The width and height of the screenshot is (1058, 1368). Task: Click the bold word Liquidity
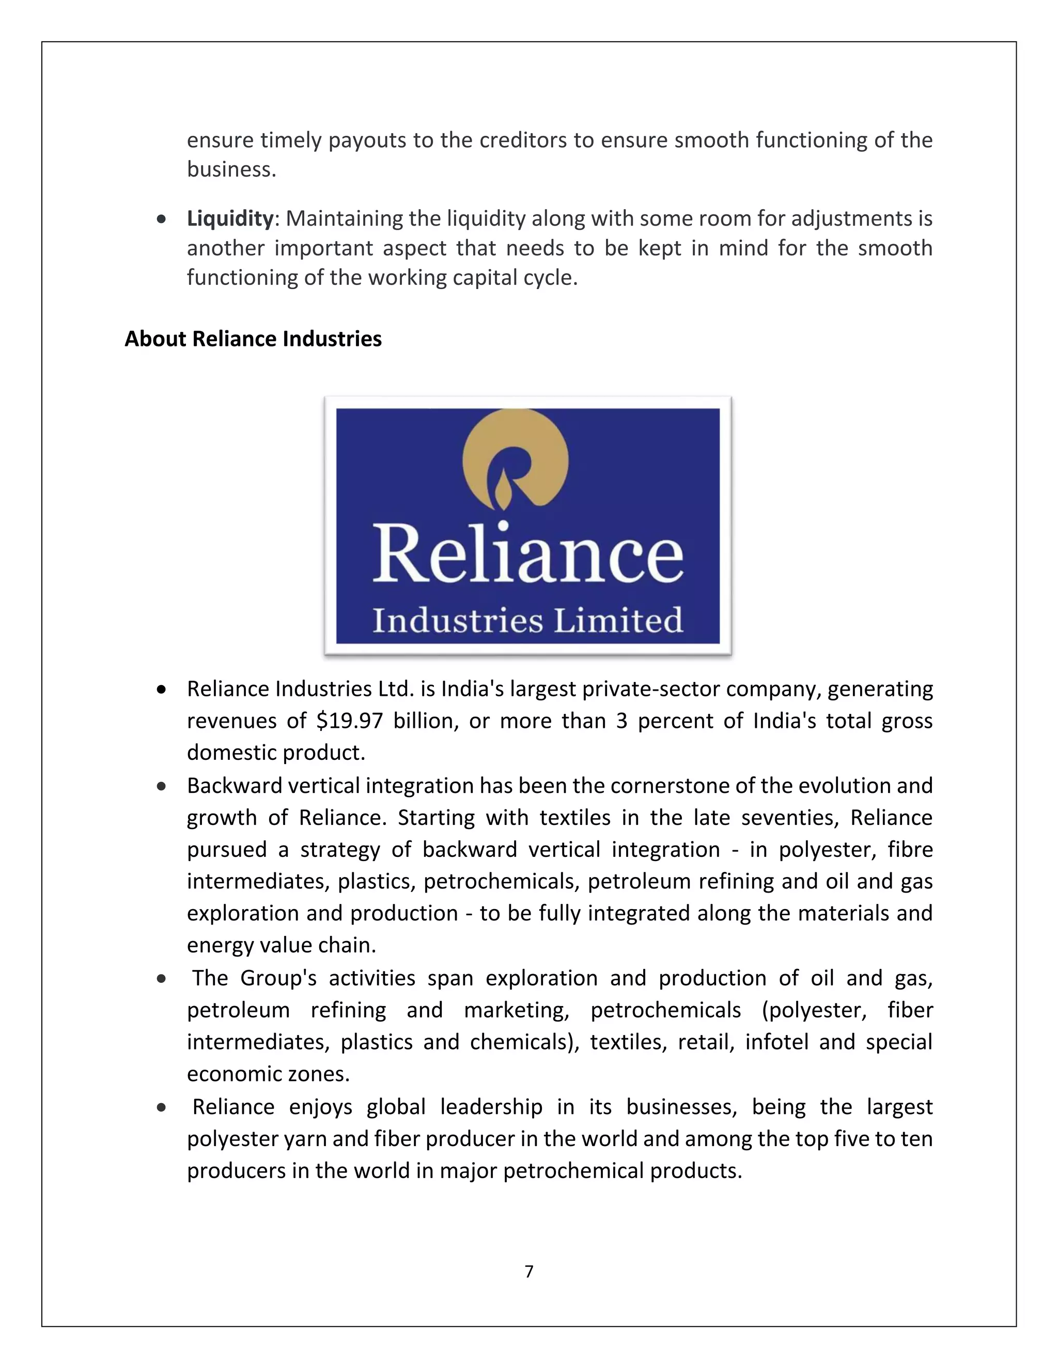(x=230, y=218)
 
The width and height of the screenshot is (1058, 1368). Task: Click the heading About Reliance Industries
(x=253, y=339)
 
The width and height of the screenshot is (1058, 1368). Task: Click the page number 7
(x=529, y=1271)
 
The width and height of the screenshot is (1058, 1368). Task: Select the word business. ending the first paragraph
(x=231, y=169)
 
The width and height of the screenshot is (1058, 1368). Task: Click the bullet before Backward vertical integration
(x=162, y=786)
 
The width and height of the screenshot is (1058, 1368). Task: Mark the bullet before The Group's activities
(x=162, y=978)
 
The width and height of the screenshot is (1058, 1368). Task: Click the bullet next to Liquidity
(x=162, y=219)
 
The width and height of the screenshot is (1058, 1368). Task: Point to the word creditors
(x=523, y=140)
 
